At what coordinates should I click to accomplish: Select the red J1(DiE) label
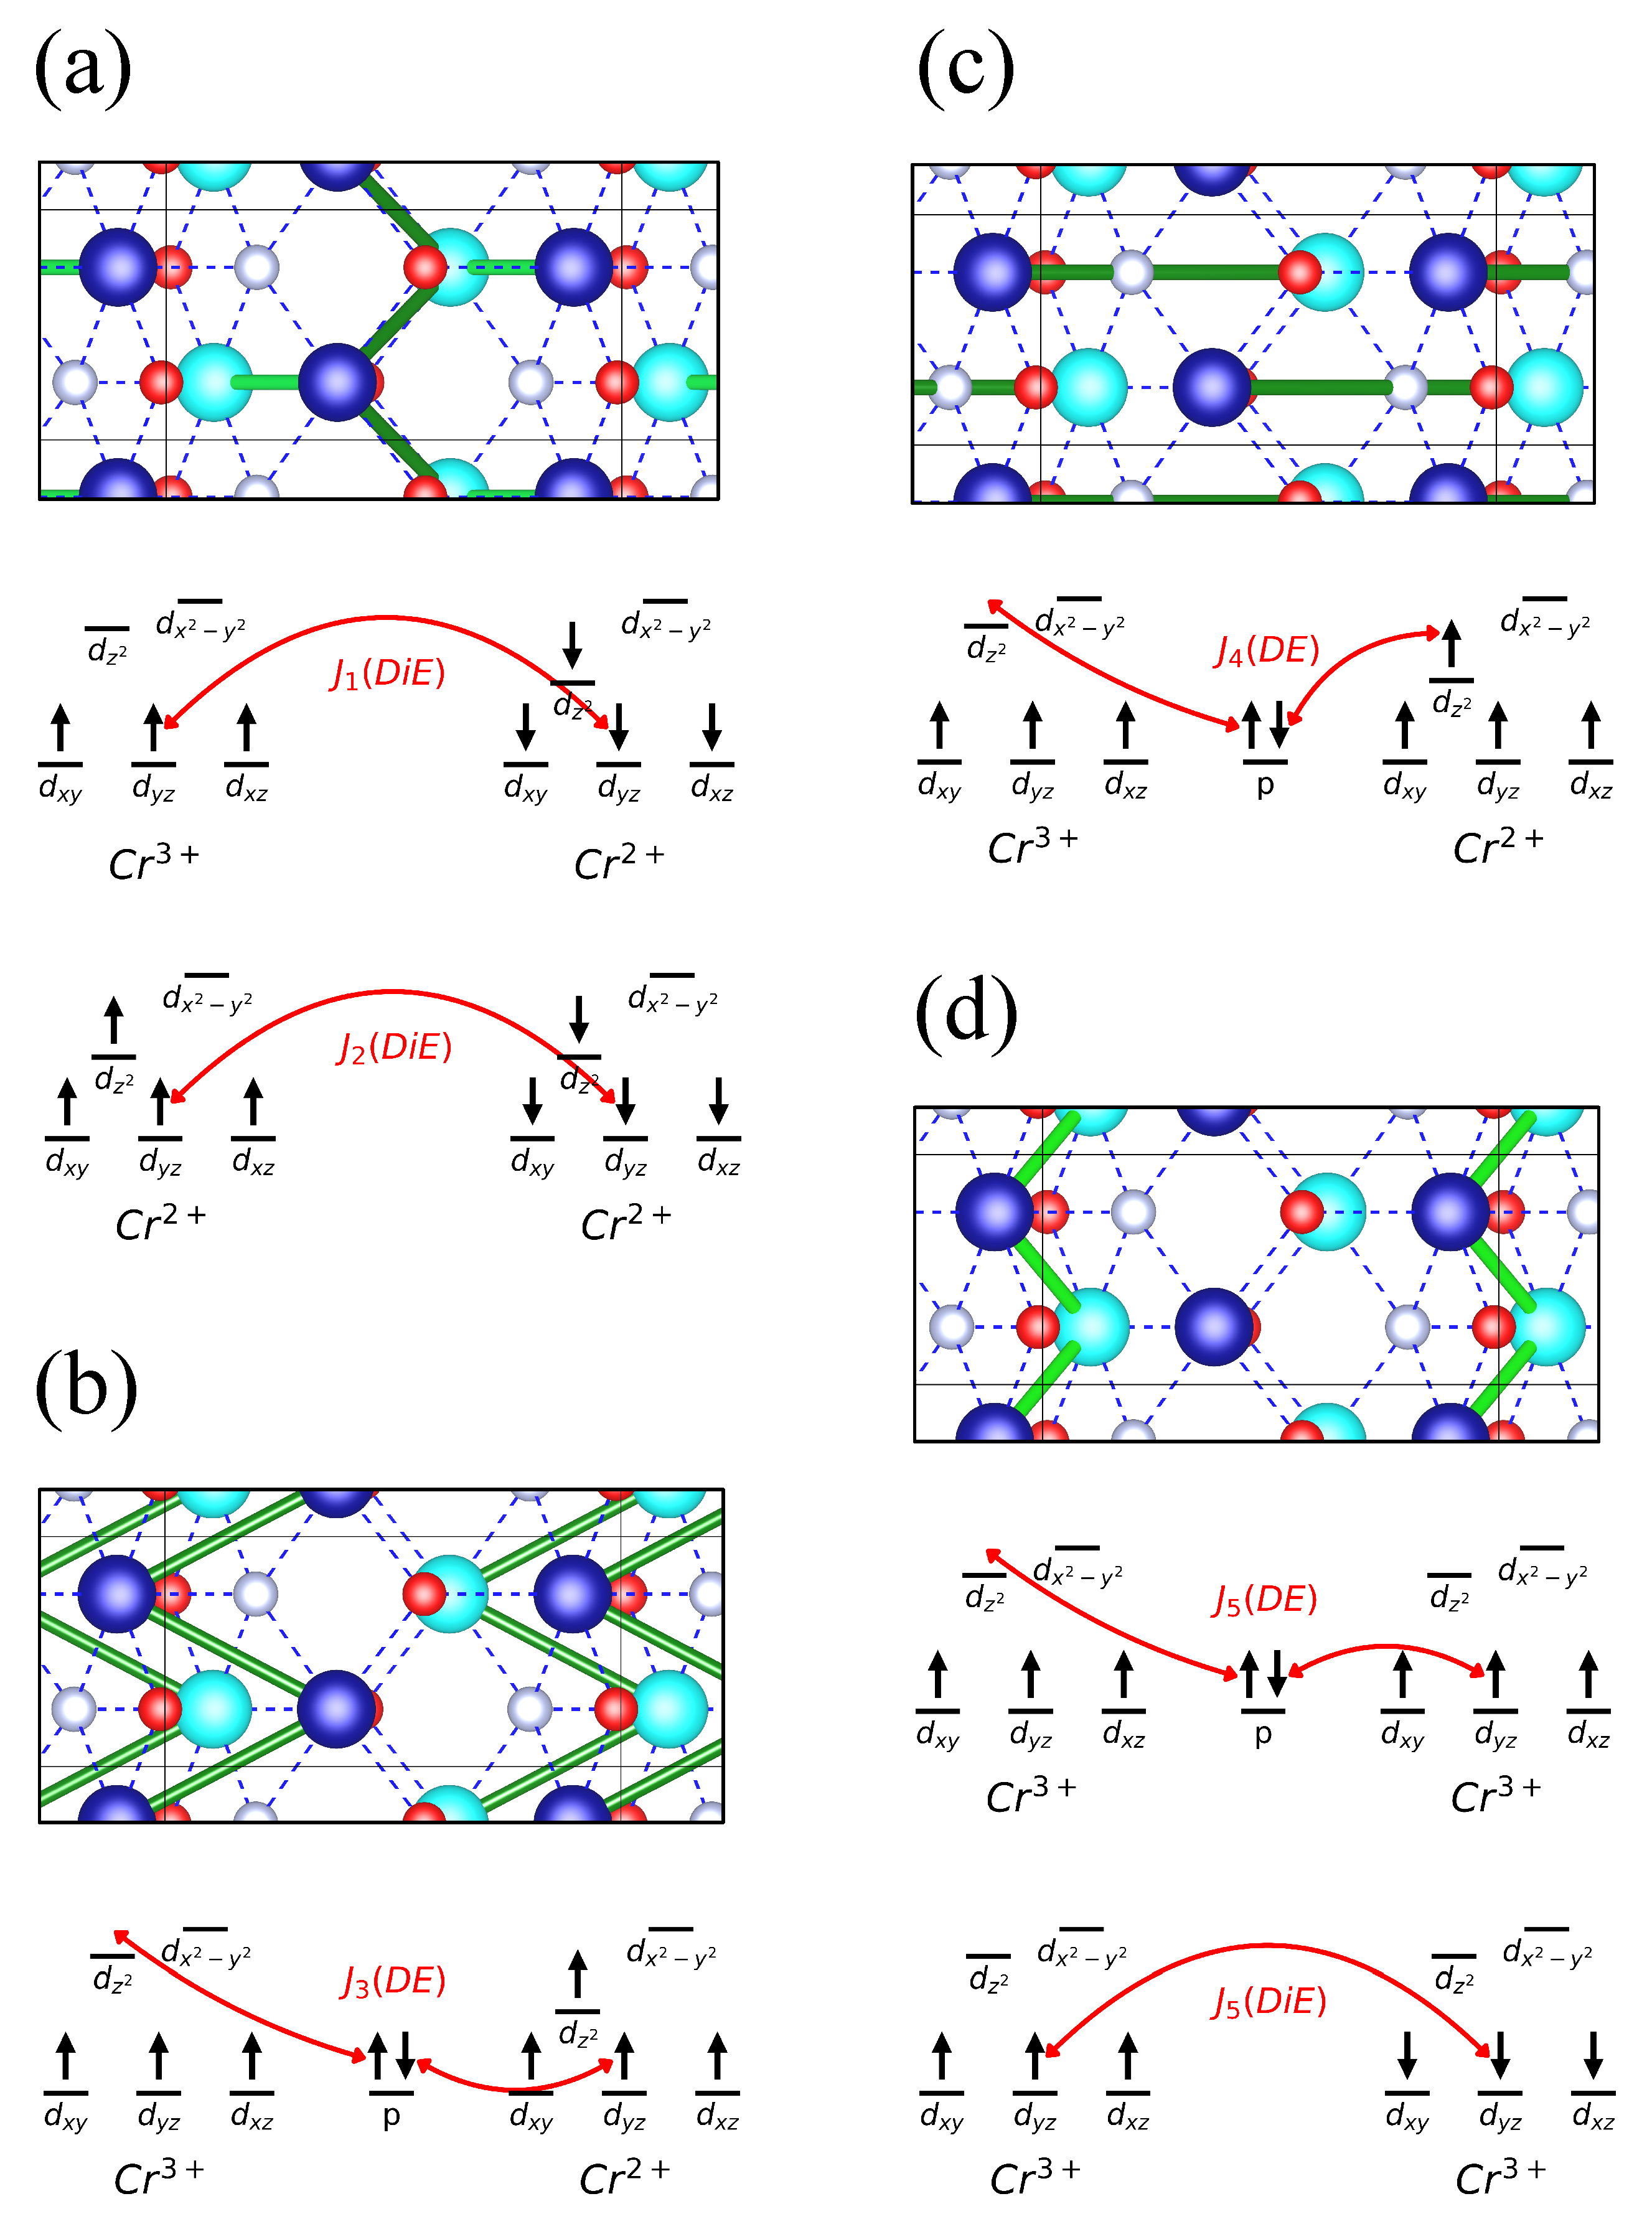click(x=388, y=674)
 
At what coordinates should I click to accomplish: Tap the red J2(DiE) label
click(x=394, y=1048)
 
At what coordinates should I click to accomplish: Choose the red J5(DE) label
click(x=1264, y=1600)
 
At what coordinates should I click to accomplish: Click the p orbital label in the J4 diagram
click(x=1264, y=786)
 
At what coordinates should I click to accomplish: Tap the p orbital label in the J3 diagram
click(x=391, y=2115)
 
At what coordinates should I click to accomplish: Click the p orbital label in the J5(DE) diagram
click(x=1262, y=1735)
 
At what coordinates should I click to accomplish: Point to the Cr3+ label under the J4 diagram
click(x=1033, y=847)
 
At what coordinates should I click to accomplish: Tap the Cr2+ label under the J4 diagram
click(x=1498, y=847)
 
